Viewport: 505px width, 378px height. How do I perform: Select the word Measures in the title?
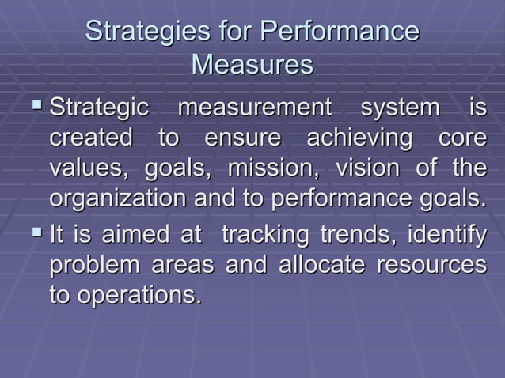252,64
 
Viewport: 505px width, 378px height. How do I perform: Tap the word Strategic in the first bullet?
98,107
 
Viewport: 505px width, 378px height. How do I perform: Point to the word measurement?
256,107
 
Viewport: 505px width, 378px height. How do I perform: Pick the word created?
90,138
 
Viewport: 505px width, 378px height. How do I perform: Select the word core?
463,138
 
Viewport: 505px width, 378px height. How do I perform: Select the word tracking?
266,235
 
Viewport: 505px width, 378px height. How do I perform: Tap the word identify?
446,235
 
